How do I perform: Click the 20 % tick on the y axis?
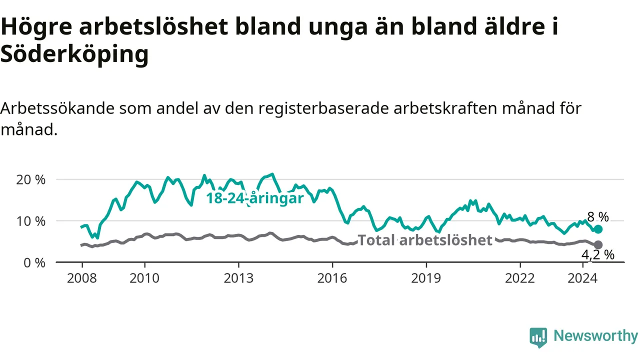(x=31, y=180)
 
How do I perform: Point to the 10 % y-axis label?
(x=31, y=221)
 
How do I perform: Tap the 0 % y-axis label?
(x=34, y=263)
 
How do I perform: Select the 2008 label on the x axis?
(x=82, y=278)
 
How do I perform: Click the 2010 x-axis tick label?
(x=144, y=278)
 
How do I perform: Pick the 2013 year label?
(x=238, y=278)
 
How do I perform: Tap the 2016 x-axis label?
(x=332, y=278)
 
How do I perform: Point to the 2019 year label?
(x=426, y=278)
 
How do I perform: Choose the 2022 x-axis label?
(x=520, y=278)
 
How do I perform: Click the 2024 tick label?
(x=582, y=278)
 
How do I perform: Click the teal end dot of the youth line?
(x=598, y=229)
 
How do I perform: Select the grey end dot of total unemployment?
(x=598, y=245)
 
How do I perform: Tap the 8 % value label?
(x=598, y=217)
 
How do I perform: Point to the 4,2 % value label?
(x=598, y=255)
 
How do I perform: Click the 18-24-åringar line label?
(x=255, y=198)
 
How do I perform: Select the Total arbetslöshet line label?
(x=425, y=240)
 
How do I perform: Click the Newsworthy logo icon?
(x=538, y=337)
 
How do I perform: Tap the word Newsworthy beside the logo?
(x=595, y=336)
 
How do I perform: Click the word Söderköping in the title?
(x=74, y=54)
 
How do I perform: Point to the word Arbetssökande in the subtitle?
(x=57, y=108)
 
